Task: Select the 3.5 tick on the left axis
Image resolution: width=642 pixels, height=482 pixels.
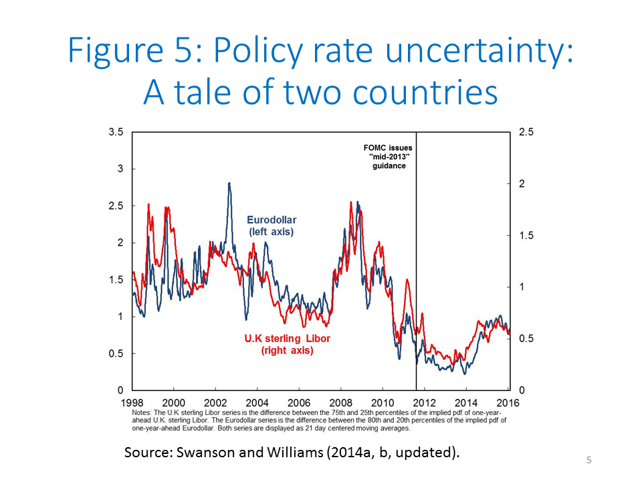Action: click(116, 133)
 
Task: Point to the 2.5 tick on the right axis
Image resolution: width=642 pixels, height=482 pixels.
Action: click(526, 133)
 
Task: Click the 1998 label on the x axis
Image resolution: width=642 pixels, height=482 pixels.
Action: click(132, 402)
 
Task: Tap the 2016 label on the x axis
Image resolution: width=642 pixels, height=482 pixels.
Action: click(509, 402)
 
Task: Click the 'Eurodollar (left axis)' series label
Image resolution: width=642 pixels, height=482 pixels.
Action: click(272, 226)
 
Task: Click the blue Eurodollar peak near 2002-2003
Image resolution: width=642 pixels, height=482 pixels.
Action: click(229, 183)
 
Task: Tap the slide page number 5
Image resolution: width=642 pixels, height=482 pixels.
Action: click(589, 460)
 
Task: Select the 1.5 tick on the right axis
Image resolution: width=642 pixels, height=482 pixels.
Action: click(526, 236)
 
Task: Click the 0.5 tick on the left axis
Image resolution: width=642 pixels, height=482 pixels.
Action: click(116, 353)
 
